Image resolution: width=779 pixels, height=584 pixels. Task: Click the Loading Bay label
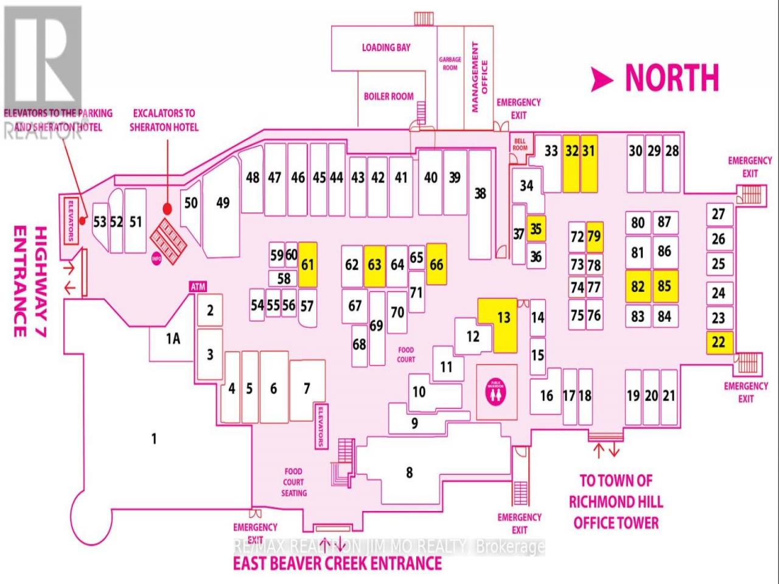(386, 47)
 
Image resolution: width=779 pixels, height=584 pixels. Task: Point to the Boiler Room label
(388, 96)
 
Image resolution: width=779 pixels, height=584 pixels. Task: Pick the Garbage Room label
(450, 63)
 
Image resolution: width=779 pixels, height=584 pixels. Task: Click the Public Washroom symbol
(497, 392)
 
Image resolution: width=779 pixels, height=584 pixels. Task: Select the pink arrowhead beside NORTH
(602, 80)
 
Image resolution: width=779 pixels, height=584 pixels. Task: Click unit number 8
(410, 472)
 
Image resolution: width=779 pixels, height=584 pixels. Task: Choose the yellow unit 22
(719, 342)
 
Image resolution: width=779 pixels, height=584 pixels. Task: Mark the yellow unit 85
(664, 286)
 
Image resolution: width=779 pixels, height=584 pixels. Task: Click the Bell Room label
(520, 144)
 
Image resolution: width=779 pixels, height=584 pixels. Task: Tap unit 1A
(173, 338)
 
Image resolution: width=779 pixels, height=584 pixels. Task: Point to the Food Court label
(406, 354)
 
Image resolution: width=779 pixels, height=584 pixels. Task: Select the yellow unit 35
(536, 229)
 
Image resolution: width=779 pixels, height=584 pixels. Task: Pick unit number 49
(223, 202)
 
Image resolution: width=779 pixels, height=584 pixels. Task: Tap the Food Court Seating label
(293, 482)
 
